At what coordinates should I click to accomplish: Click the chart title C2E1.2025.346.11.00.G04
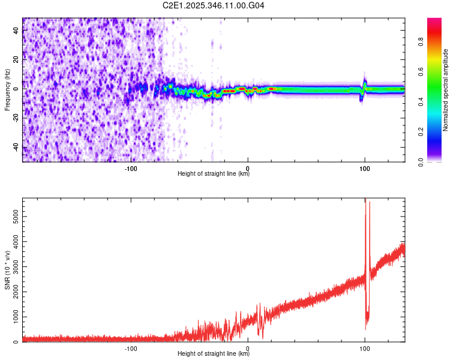point(214,5)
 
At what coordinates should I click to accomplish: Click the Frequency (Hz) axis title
point(7,90)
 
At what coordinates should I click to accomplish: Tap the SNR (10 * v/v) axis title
point(7,270)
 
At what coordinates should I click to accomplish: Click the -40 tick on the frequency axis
point(16,148)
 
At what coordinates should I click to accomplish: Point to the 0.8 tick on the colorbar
point(421,42)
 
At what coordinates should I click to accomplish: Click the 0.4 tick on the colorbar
point(421,102)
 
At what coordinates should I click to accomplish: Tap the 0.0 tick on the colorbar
point(421,161)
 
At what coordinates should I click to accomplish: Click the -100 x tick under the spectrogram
point(131,168)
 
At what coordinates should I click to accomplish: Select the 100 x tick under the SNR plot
point(365,348)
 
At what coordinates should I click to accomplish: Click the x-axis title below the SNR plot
point(214,354)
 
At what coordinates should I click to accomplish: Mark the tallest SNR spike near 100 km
point(365,202)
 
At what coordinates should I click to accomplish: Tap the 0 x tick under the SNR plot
point(248,348)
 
